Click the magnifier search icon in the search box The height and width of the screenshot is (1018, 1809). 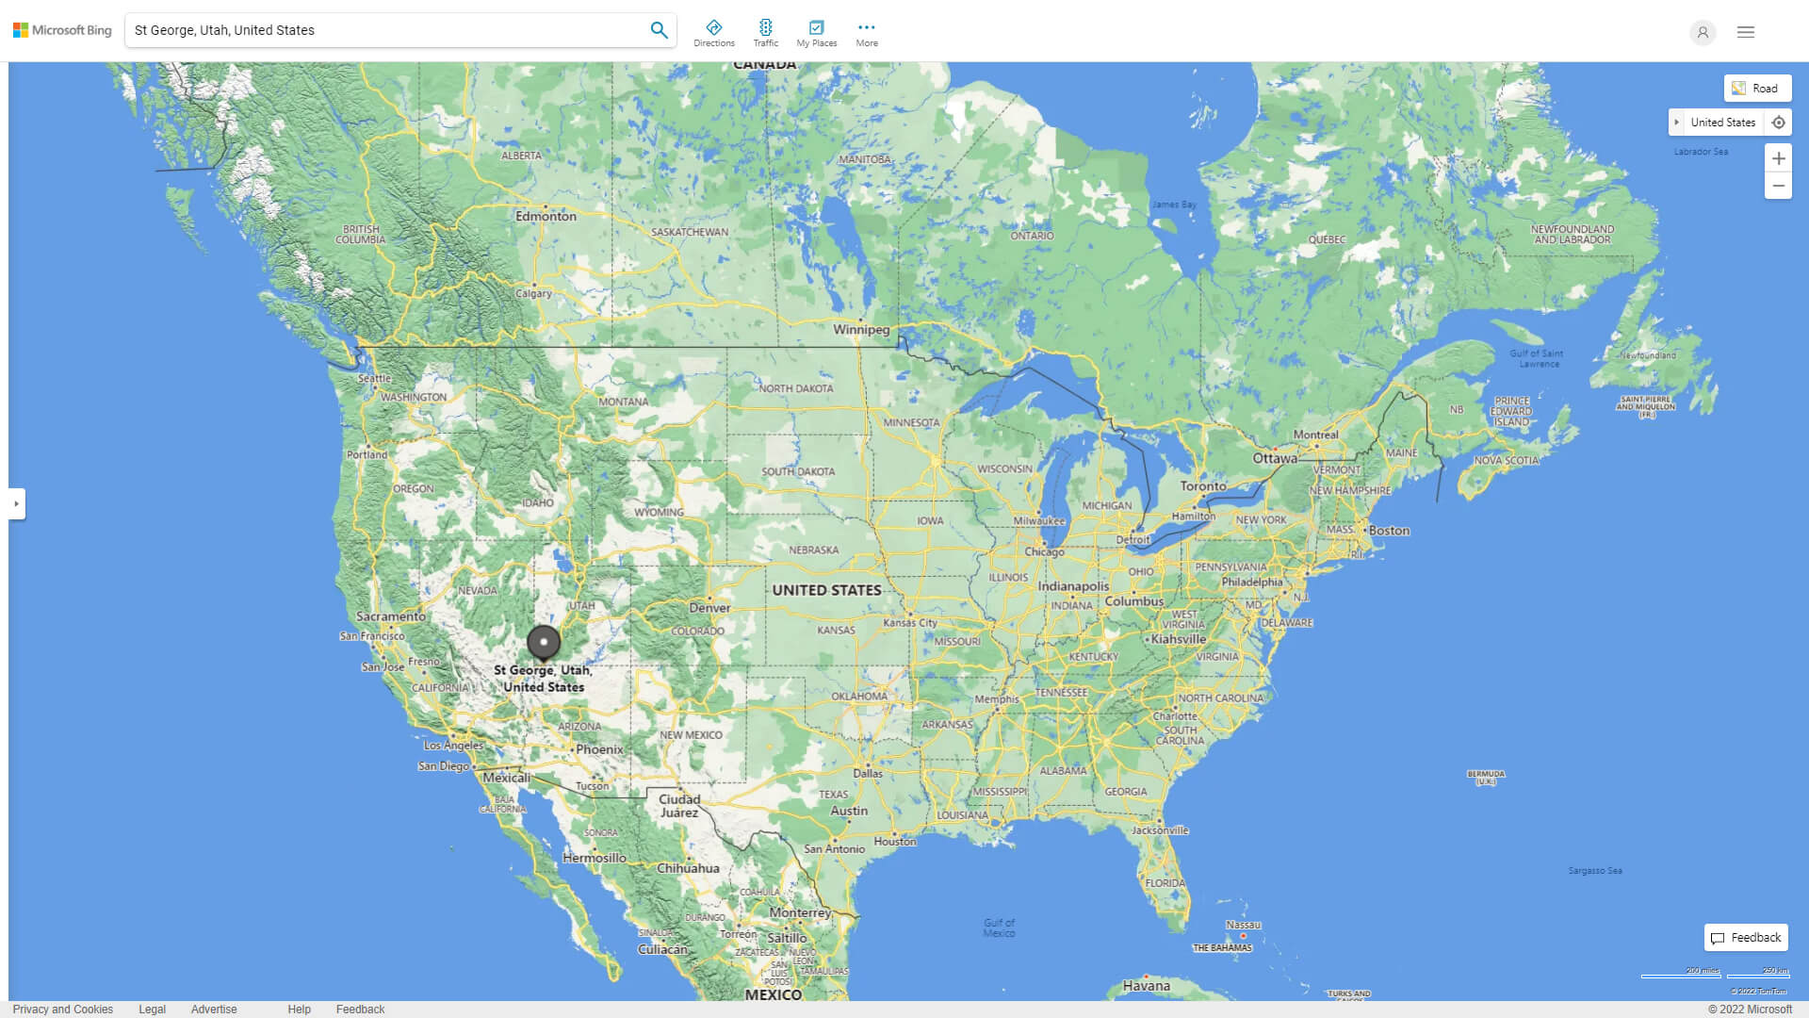coord(659,30)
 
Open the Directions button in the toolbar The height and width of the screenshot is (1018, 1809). coord(714,32)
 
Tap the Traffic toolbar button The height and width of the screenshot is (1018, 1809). coord(765,32)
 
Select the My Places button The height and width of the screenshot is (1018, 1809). coord(816,32)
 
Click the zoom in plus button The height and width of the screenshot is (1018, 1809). coord(1778,158)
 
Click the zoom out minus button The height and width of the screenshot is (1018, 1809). coord(1778,186)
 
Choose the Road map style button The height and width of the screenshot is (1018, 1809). coord(1757,88)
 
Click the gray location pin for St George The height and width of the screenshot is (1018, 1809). coord(544,642)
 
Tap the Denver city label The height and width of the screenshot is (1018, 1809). coord(709,608)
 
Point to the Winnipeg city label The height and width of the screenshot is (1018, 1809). coord(860,329)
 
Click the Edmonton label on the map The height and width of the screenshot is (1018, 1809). coord(546,216)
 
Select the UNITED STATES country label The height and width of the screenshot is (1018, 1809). coord(826,590)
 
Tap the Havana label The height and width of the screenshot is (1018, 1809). coord(1146,986)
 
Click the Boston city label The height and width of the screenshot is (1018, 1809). coord(1389,531)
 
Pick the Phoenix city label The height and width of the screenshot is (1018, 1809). coord(599,749)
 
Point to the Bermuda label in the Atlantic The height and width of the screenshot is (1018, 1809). coord(1486,777)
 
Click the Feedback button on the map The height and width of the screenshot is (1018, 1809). coord(1746,938)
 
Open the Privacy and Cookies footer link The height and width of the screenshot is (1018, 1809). coord(63,1010)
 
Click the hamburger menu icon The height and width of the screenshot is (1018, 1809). coord(1746,32)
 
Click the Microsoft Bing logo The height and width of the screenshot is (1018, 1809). coord(62,30)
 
